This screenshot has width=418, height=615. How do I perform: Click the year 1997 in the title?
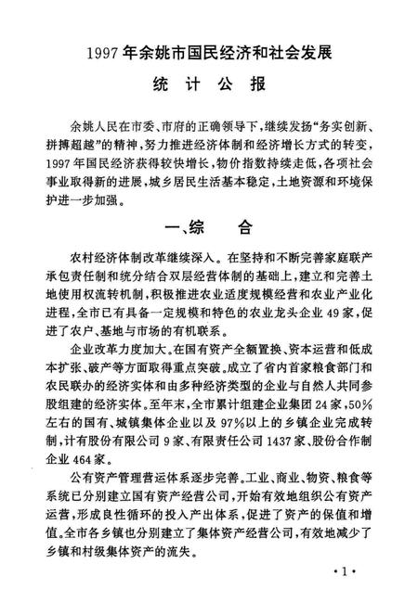coord(105,52)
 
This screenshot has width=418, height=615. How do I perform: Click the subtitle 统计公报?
coord(208,83)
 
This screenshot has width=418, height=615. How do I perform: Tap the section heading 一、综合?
coord(208,228)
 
